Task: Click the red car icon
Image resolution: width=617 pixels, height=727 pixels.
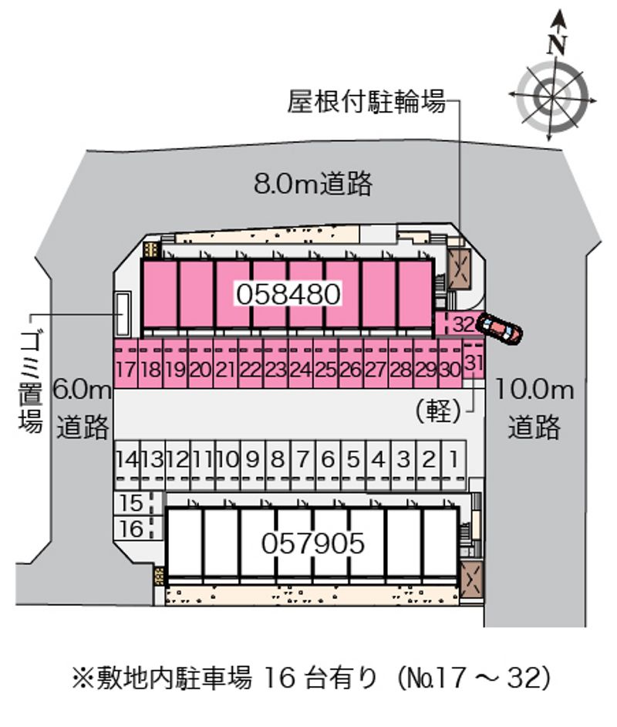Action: point(501,328)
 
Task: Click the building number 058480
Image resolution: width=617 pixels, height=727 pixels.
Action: point(288,294)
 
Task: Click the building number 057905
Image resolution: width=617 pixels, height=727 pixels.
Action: point(313,543)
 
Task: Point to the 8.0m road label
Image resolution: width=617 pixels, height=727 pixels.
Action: point(313,183)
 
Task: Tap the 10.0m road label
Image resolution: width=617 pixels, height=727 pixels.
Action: point(535,408)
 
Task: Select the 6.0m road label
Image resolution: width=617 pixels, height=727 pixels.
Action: point(83,408)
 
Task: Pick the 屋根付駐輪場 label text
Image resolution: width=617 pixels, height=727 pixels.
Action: point(366,101)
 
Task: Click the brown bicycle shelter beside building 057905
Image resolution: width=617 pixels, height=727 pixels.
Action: point(471,580)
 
